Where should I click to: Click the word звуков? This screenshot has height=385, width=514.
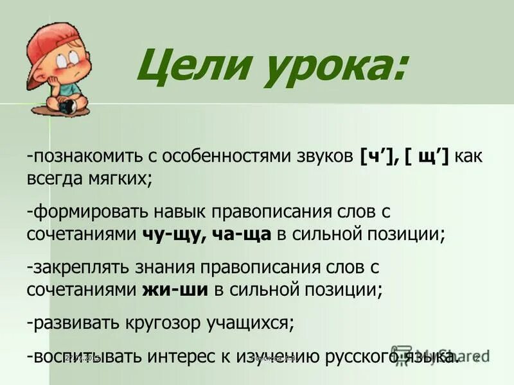point(328,157)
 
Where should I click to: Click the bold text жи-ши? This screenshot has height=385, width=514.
point(174,289)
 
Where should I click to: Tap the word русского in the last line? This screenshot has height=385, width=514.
point(359,356)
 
